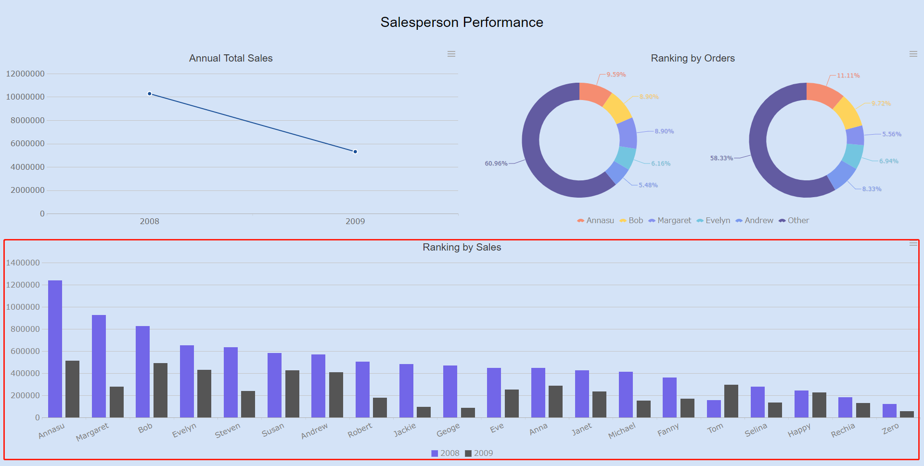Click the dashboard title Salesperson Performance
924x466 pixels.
[x=462, y=23]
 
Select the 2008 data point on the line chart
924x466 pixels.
[x=150, y=94]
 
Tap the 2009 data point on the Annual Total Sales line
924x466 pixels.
[x=355, y=151]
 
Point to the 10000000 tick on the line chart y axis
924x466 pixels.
[x=25, y=97]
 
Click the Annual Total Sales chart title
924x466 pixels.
[x=231, y=58]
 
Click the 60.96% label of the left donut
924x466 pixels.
[x=496, y=164]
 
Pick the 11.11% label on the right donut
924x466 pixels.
[x=848, y=76]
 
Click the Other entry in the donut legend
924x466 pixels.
[x=794, y=220]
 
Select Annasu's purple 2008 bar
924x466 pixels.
[x=55, y=349]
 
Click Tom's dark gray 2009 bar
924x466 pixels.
[x=731, y=401]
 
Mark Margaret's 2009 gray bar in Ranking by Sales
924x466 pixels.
[x=116, y=402]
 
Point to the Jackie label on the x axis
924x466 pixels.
[x=405, y=429]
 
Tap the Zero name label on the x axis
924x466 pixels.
[x=890, y=428]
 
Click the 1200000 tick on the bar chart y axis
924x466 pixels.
[x=23, y=285]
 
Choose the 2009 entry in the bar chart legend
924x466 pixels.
[x=479, y=453]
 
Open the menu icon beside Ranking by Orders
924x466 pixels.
[x=913, y=54]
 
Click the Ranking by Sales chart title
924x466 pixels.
[x=462, y=247]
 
